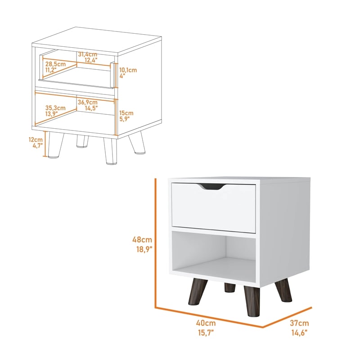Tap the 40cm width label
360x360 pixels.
(x=206, y=323)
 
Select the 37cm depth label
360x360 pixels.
(x=299, y=323)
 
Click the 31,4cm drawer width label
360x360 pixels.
(x=88, y=54)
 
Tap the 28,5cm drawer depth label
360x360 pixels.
(x=55, y=64)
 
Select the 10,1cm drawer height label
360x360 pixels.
(x=128, y=70)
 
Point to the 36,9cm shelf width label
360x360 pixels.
(x=88, y=102)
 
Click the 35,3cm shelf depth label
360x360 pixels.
(x=56, y=108)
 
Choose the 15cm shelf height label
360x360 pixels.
(x=126, y=113)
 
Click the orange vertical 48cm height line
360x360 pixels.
(x=155, y=243)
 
